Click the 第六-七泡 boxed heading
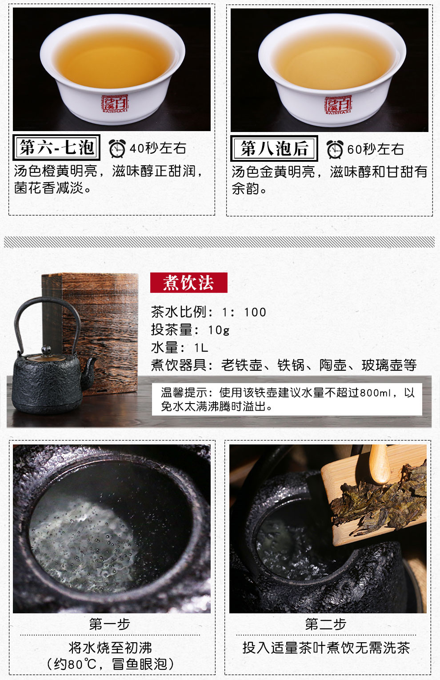56,148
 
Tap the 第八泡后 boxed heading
274,148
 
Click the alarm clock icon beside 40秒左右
117,148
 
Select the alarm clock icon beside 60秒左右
335,149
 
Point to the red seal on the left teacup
115,103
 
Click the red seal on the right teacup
338,105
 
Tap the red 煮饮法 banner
188,283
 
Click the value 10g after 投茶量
219,330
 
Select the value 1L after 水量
201,348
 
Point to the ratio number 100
255,312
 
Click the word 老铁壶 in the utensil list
242,365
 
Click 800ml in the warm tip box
375,393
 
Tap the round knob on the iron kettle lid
47,349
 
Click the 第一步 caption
110,624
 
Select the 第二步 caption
326,624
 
